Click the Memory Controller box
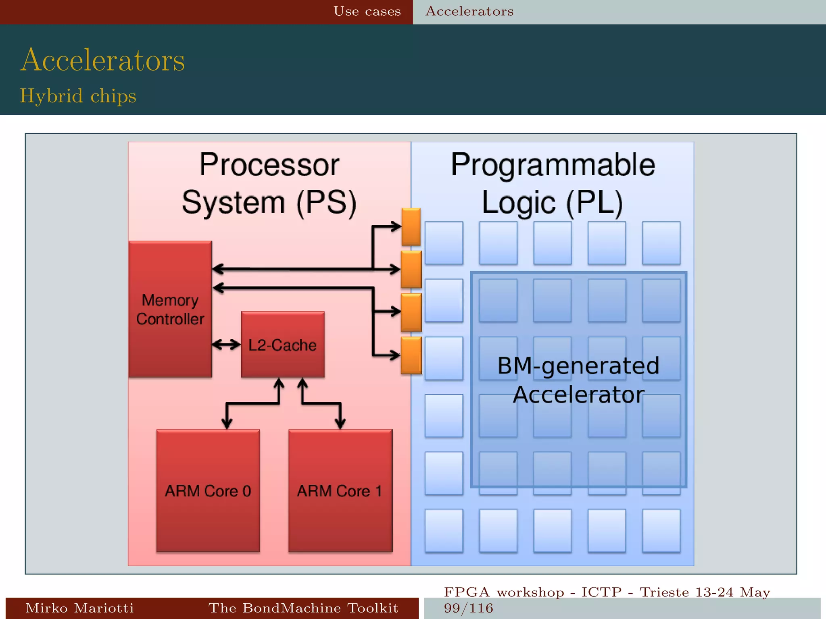170,309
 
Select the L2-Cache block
282,345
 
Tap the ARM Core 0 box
208,490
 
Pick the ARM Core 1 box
340,490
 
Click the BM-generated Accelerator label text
578,380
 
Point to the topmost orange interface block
411,226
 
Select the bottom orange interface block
411,355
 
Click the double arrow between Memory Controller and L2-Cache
226,345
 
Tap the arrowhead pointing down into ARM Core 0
227,423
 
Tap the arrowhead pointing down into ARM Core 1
340,423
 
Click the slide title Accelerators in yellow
102,60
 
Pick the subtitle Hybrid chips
78,96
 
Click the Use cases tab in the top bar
367,11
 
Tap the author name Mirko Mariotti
79,608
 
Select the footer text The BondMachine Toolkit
303,608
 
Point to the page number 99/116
468,608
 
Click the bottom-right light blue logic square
661,530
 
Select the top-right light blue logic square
661,243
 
